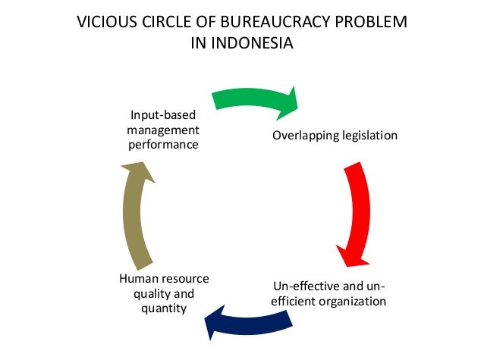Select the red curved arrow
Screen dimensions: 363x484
(x=357, y=205)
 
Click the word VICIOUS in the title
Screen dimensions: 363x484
(x=102, y=23)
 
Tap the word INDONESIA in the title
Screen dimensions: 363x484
(x=254, y=44)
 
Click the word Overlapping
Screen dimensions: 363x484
(x=304, y=136)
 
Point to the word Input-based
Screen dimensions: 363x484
(x=163, y=115)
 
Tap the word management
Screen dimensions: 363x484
(x=163, y=130)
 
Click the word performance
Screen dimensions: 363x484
(x=163, y=144)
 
